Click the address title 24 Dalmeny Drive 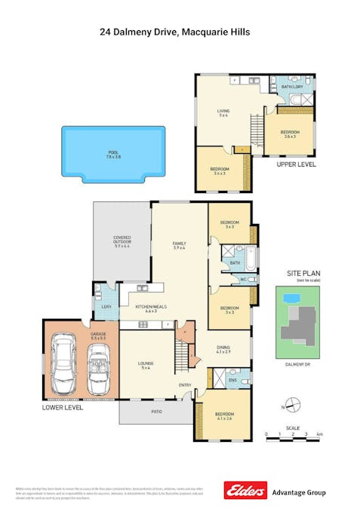[x=174, y=32]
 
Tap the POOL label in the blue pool [x=113, y=153]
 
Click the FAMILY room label [x=179, y=244]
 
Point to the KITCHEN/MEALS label [x=150, y=307]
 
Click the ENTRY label [x=185, y=385]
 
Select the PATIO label [x=156, y=411]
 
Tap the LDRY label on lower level [x=104, y=306]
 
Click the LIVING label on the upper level [x=223, y=113]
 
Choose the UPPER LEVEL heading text [x=296, y=164]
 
